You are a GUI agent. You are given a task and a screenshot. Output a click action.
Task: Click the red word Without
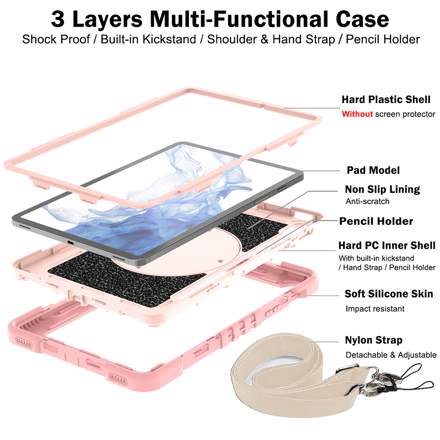(357, 114)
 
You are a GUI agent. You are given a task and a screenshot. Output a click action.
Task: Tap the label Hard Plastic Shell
(386, 99)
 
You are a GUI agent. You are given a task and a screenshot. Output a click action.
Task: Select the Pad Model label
(373, 170)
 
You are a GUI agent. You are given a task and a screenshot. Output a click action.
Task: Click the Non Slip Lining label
(382, 189)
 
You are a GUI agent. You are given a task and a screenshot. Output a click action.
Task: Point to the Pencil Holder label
(376, 221)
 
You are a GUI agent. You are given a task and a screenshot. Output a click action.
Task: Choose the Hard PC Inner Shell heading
(387, 245)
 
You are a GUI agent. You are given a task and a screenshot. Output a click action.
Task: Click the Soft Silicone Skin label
(389, 294)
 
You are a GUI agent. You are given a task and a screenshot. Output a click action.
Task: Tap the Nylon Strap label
(373, 340)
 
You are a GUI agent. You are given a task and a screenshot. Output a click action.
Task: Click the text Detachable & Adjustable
(391, 355)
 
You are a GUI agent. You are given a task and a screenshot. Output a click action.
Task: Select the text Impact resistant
(375, 309)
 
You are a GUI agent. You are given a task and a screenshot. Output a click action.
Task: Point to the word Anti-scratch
(367, 201)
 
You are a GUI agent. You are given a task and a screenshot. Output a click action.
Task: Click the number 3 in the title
(58, 19)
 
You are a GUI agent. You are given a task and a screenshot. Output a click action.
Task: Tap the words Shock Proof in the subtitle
(56, 39)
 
